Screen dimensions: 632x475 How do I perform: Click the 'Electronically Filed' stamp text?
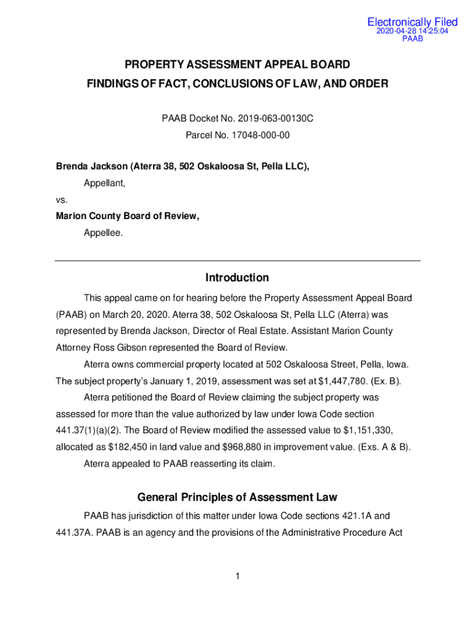click(x=412, y=22)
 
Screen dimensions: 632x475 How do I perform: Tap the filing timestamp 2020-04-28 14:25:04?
click(x=412, y=31)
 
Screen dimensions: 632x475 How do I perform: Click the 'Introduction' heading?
click(x=238, y=278)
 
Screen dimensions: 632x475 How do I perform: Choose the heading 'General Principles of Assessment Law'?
click(x=238, y=497)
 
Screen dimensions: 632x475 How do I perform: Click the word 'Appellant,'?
click(x=105, y=183)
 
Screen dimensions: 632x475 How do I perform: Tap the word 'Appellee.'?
click(x=103, y=233)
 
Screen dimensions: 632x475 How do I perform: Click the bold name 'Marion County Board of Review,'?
click(x=128, y=216)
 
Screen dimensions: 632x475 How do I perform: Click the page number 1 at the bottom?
click(x=237, y=576)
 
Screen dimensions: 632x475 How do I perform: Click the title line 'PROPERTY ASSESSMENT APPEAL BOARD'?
click(x=238, y=64)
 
